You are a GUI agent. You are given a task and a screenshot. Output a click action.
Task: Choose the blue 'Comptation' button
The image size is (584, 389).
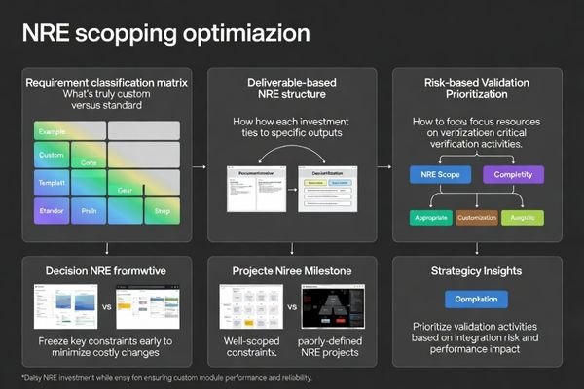476,300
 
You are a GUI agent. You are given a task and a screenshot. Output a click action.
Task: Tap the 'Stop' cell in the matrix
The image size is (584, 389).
163,209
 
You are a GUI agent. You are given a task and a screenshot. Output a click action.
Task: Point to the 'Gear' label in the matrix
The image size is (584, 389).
125,190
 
